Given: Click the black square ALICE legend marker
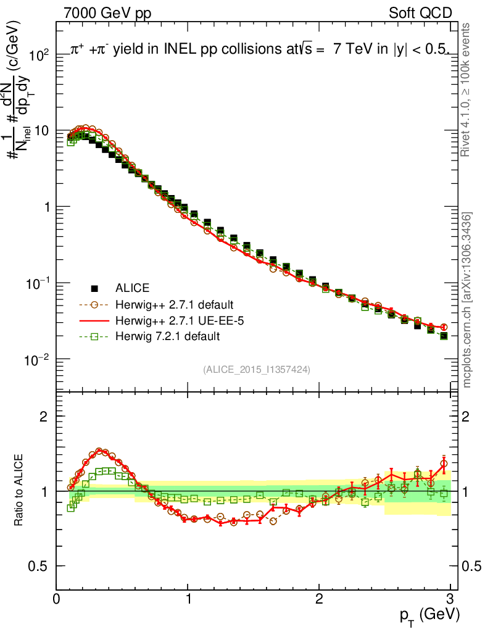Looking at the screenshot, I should click(x=95, y=288).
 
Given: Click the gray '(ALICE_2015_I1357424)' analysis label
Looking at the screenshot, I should click(x=256, y=369).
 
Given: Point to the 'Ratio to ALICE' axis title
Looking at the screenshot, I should click(x=20, y=491).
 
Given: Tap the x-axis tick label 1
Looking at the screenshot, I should click(x=188, y=598).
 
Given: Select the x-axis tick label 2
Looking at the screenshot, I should click(x=319, y=598).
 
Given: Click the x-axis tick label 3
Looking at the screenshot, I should click(x=450, y=598).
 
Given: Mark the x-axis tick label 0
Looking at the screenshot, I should click(x=57, y=598).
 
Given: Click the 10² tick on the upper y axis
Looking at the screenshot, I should click(x=38, y=55).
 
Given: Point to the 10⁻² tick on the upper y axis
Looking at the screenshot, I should click(x=36, y=359).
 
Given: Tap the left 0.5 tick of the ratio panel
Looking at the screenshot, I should click(x=39, y=566).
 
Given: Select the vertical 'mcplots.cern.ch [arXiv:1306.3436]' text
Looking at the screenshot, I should click(x=468, y=300).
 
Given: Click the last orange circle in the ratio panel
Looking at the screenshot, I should click(x=444, y=463).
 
